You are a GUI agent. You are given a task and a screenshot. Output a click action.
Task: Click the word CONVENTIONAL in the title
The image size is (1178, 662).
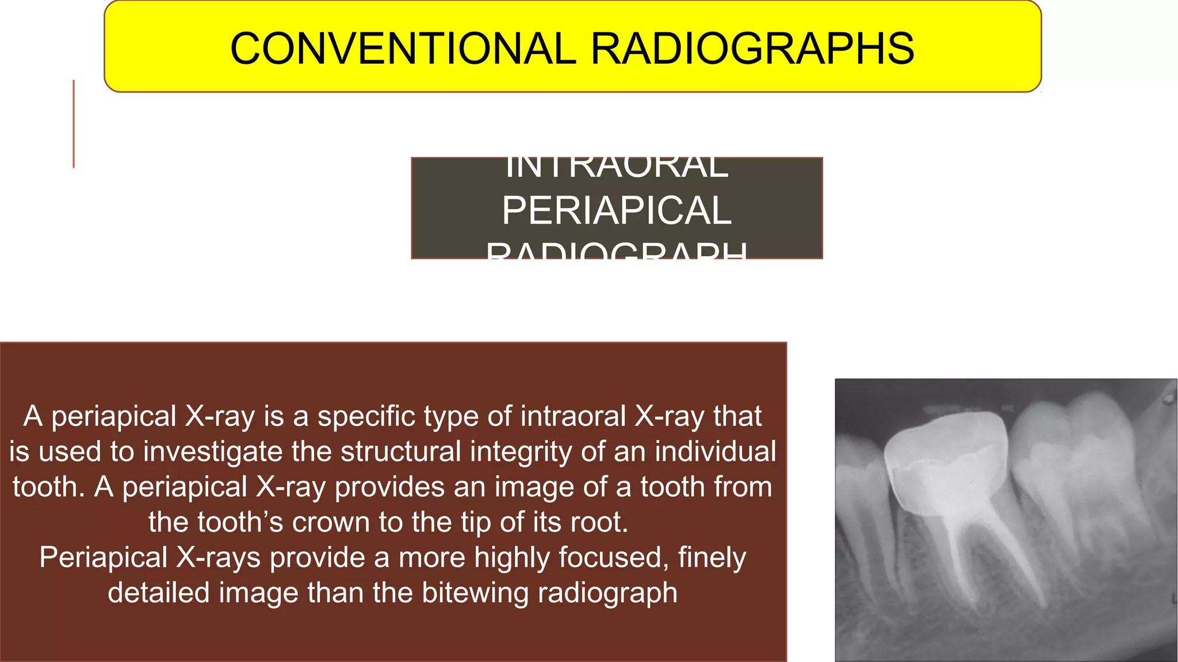(403, 48)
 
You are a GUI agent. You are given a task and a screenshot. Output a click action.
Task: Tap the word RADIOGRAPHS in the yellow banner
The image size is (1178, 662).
(752, 48)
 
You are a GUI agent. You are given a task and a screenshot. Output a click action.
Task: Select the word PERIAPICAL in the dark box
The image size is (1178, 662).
(616, 210)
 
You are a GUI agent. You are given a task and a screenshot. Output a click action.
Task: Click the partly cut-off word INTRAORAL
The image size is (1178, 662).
(616, 167)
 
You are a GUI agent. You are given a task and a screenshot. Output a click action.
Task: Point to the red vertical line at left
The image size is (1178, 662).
(74, 124)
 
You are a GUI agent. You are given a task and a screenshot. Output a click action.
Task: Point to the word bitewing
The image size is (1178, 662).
(475, 592)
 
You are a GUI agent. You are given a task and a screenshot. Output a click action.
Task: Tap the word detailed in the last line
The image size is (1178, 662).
(159, 592)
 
